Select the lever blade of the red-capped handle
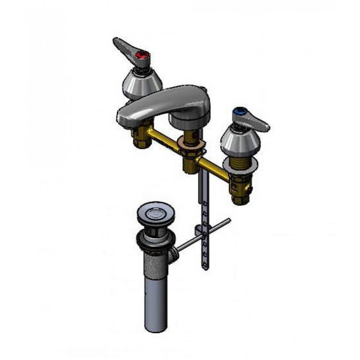[x=123, y=46]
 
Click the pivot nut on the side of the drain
[x=173, y=255]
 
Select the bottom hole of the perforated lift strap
[x=205, y=267]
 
